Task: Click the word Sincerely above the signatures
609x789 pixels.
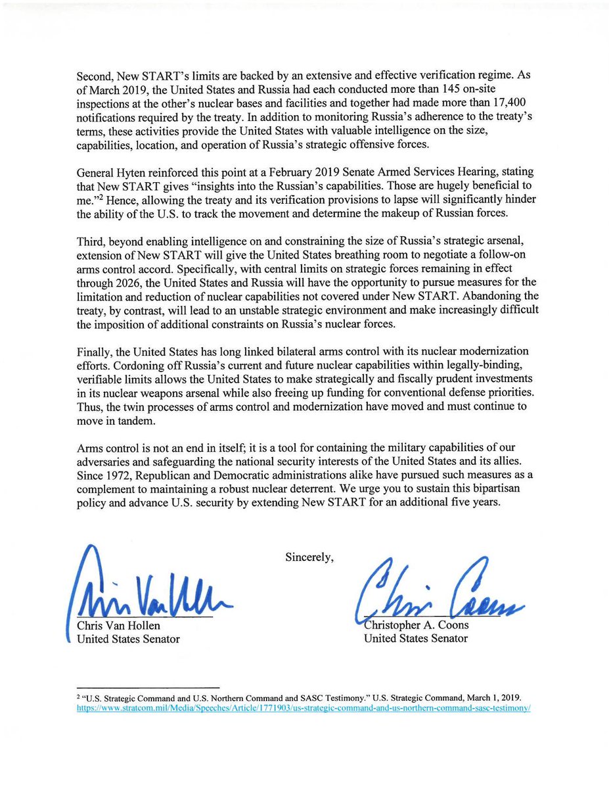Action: (x=309, y=558)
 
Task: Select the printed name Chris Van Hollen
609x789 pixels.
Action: (x=119, y=626)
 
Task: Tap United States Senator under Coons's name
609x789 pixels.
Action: (x=415, y=638)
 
